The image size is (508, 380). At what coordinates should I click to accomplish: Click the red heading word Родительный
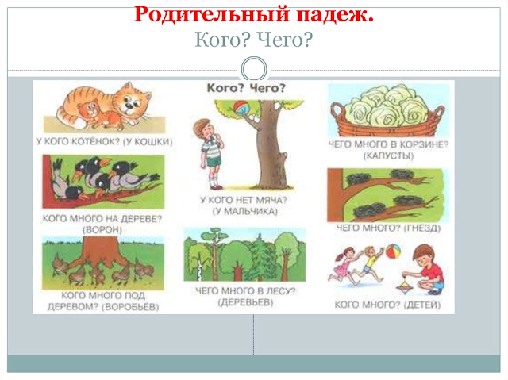click(x=211, y=14)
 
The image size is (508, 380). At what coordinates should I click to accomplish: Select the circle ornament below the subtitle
click(x=254, y=69)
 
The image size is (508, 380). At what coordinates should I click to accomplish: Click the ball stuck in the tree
click(x=241, y=108)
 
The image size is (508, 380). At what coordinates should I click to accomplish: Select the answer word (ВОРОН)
click(x=102, y=230)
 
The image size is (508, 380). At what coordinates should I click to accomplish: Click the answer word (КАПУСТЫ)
click(x=388, y=156)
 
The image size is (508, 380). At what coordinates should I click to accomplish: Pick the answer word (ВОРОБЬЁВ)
click(x=130, y=307)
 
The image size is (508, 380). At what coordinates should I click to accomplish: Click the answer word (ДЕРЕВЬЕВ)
click(x=245, y=302)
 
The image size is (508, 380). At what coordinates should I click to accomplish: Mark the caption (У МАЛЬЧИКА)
click(x=245, y=212)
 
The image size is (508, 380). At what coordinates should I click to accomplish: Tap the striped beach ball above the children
click(x=392, y=251)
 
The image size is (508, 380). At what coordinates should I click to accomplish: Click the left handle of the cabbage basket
click(x=337, y=111)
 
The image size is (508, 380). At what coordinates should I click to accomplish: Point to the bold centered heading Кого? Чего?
click(x=246, y=88)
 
